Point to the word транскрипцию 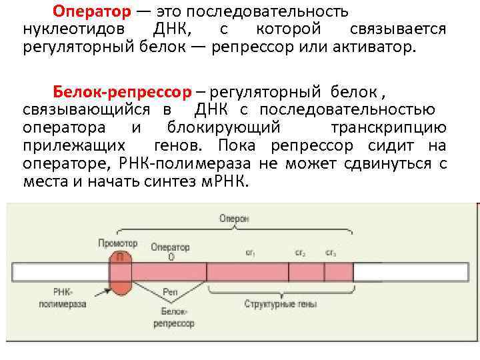click(x=388, y=127)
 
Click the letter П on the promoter click(x=120, y=256)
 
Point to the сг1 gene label click(x=251, y=253)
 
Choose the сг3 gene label click(x=331, y=253)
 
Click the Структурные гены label click(x=280, y=304)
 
